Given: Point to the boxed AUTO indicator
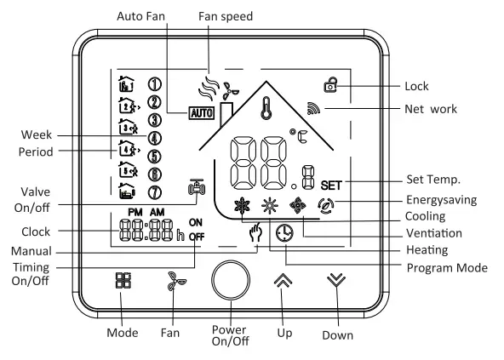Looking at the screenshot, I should pyautogui.click(x=205, y=111).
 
